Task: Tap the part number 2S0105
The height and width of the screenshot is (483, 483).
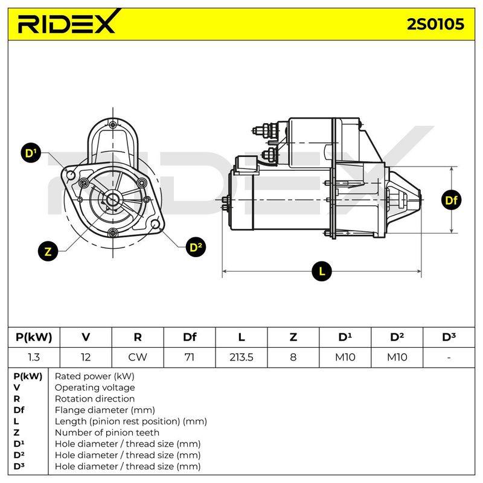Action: click(435, 24)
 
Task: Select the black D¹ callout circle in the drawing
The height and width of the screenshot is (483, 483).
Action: click(31, 153)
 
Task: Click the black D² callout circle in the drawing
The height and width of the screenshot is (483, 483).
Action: click(196, 247)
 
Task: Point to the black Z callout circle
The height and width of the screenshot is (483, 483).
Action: click(48, 251)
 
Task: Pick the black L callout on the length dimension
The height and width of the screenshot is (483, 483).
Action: click(322, 271)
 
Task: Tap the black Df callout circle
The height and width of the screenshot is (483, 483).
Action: click(451, 200)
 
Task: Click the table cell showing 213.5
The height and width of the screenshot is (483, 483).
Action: click(241, 357)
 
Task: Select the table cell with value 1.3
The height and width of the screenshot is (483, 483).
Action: click(34, 357)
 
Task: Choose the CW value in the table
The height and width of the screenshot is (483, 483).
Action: click(138, 357)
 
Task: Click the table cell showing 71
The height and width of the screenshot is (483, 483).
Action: click(190, 357)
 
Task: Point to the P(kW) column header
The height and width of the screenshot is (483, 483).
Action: click(34, 337)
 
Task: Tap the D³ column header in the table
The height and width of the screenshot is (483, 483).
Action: click(449, 337)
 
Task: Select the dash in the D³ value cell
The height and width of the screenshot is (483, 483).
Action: click(449, 357)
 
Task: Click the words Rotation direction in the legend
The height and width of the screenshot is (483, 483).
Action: click(95, 398)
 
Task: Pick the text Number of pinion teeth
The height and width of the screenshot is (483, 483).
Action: click(107, 432)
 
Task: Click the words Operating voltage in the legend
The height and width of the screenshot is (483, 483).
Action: click(95, 388)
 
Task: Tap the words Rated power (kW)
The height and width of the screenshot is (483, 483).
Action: click(95, 376)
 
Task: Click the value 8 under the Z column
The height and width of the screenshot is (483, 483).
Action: click(293, 357)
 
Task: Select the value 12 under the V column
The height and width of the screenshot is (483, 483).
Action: click(86, 357)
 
